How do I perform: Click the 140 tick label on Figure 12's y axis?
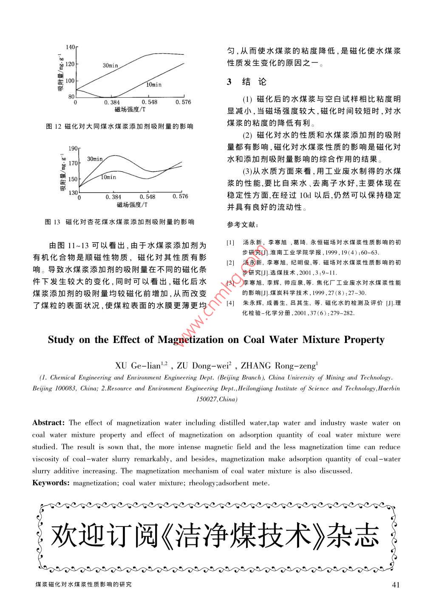(x=70, y=47)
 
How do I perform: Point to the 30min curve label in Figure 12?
(x=110, y=65)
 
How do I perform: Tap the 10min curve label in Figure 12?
(x=154, y=85)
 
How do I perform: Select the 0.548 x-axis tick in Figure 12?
(x=150, y=102)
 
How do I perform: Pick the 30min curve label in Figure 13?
(x=95, y=159)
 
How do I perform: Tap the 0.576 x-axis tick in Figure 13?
(x=180, y=196)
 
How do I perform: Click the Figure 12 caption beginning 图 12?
(x=119, y=126)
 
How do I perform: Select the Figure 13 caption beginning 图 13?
(x=119, y=222)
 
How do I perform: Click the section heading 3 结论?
(x=247, y=82)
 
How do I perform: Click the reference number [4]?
(x=230, y=303)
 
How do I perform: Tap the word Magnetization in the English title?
(x=190, y=340)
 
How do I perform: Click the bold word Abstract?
(x=48, y=422)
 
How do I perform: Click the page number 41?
(x=395, y=584)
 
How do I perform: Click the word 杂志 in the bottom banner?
(x=357, y=537)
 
